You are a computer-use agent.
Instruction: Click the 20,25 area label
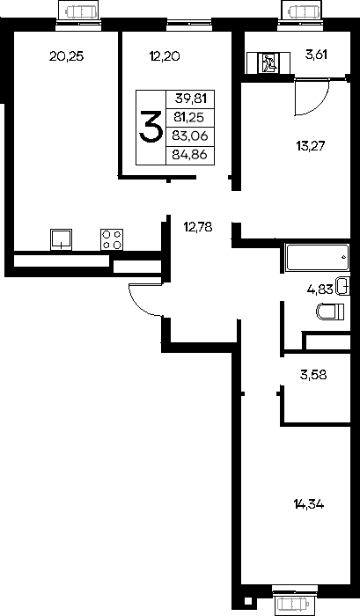click(66, 56)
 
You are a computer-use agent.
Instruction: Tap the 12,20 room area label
click(165, 56)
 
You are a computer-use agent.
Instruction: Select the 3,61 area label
click(316, 55)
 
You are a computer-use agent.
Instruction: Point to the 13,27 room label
click(311, 147)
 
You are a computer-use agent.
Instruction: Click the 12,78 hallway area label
click(198, 227)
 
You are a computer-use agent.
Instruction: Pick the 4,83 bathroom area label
click(320, 290)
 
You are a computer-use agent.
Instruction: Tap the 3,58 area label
click(313, 375)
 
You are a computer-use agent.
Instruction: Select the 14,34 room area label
click(309, 504)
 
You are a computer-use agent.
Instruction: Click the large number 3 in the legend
click(151, 127)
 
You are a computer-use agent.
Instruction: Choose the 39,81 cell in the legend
click(191, 99)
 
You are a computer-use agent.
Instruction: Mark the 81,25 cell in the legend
click(191, 117)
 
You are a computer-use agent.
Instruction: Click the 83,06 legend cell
click(191, 136)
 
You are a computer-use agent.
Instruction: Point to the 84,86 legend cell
click(191, 155)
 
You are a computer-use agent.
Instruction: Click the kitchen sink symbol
click(61, 239)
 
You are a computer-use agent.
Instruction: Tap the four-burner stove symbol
click(112, 239)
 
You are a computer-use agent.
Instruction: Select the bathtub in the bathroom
click(318, 258)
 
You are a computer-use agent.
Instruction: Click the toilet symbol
click(331, 312)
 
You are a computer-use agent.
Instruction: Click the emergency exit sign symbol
click(268, 62)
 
